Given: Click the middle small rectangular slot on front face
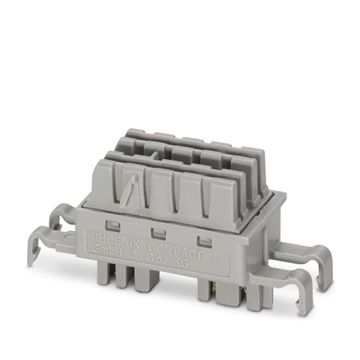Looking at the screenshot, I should (x=156, y=232).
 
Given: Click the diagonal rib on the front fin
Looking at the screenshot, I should (x=132, y=189).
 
